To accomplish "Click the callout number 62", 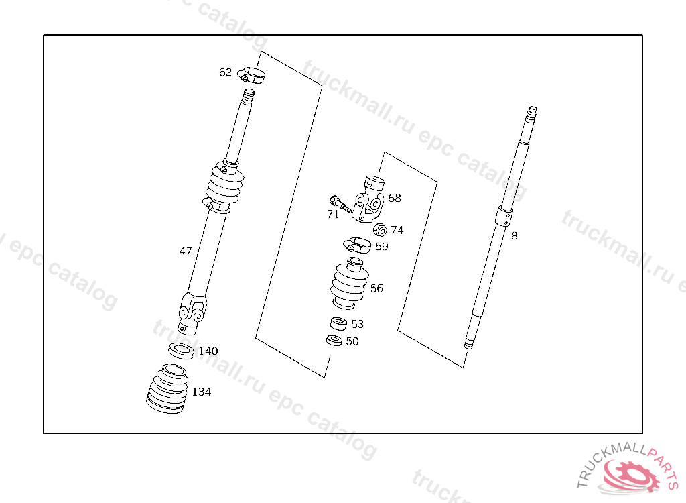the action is click(225, 72).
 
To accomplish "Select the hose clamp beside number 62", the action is click(251, 76).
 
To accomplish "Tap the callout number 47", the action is click(186, 251).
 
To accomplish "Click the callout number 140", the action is click(208, 351).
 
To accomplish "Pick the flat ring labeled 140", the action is click(182, 351).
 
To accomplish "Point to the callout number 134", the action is click(202, 392).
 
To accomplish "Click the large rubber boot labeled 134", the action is click(168, 389).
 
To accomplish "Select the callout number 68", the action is click(395, 198).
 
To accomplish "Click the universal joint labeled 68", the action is click(369, 199).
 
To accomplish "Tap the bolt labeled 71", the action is click(340, 204).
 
